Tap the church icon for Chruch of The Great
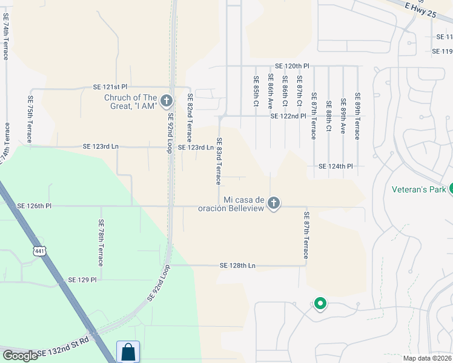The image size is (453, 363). coord(166,101)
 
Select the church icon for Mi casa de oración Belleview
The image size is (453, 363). coord(274,203)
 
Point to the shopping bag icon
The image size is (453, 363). coord(128,352)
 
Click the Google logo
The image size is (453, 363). coord(20,356)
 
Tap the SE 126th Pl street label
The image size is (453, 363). coord(35,206)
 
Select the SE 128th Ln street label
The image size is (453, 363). coord(238,266)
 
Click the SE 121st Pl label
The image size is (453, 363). coord(110,87)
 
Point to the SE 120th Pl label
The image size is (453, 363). coord(292,65)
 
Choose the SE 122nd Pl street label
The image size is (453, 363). coord(288,116)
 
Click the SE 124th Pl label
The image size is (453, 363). coord(336,166)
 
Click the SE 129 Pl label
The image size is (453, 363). coord(79,280)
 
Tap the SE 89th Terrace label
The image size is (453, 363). coord(358,116)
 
